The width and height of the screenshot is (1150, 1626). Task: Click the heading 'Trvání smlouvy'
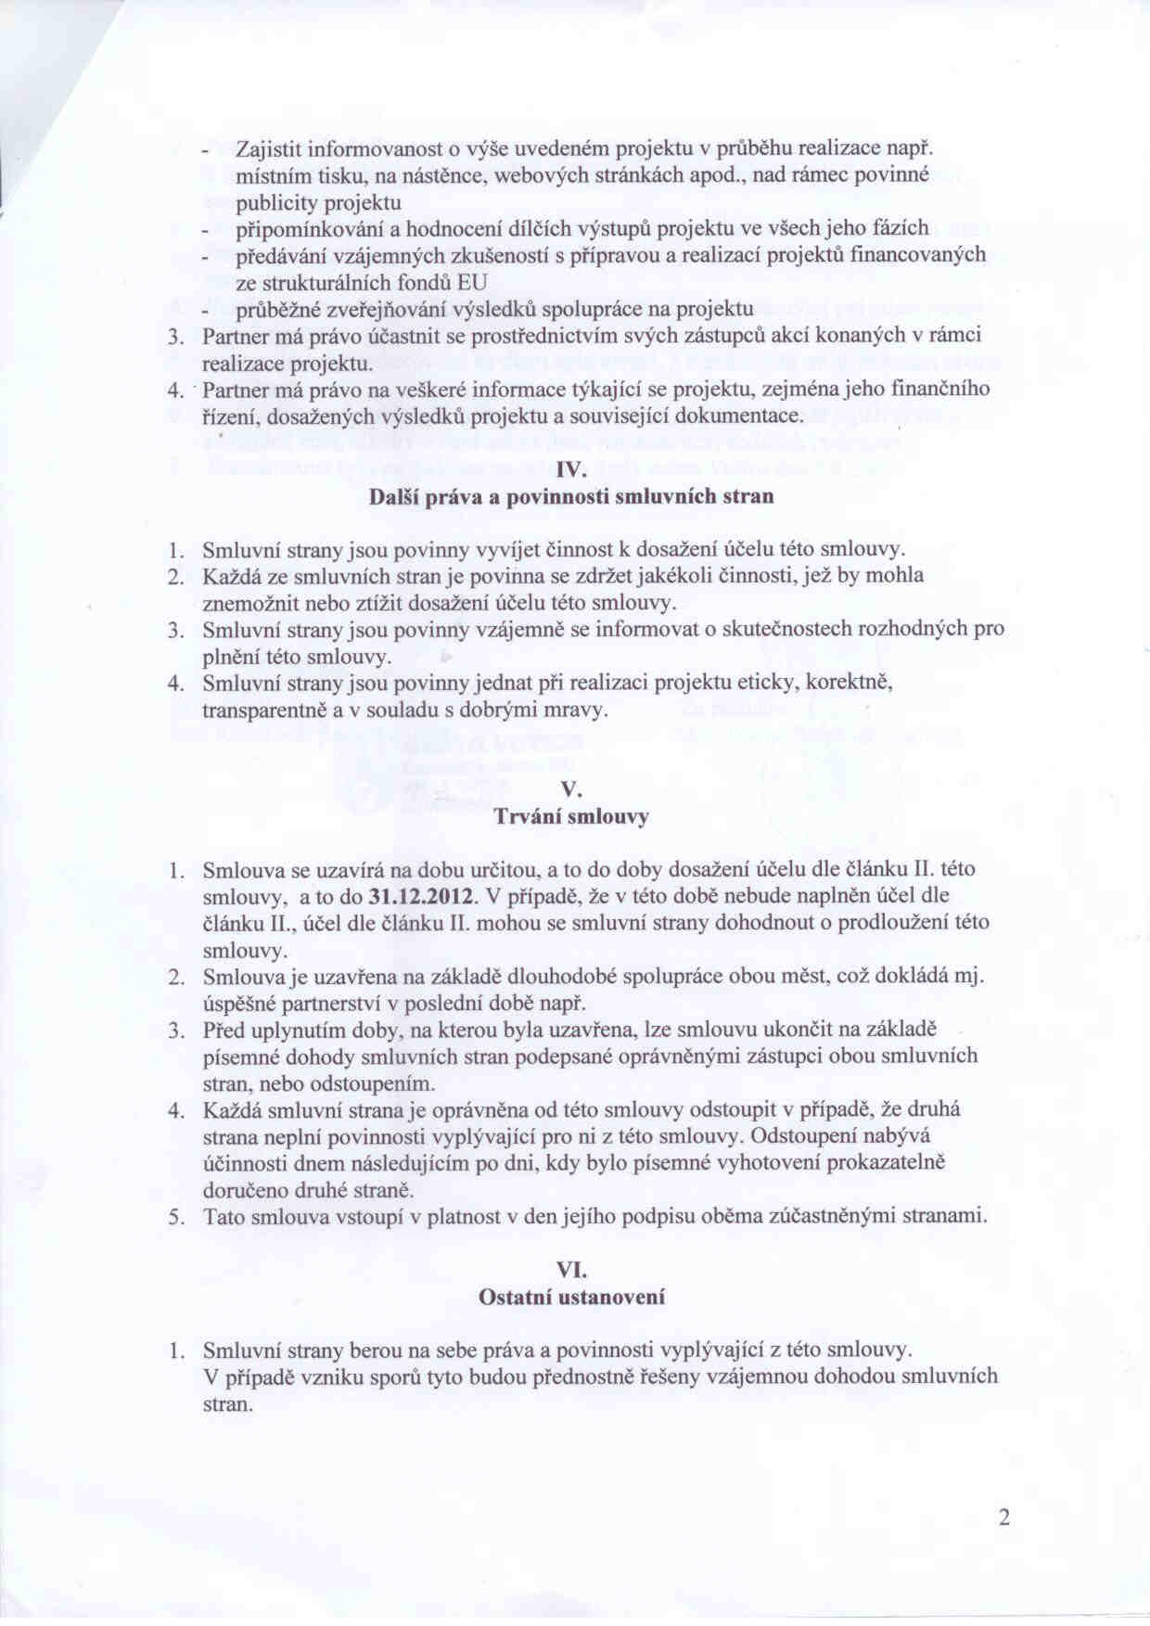coord(571,817)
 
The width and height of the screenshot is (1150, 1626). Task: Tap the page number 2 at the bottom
coord(1003,1517)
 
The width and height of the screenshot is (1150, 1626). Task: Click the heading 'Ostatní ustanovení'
coord(571,1297)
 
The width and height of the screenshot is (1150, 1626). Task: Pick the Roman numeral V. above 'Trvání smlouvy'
coord(571,790)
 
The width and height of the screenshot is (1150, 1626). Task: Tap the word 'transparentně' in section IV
coord(262,711)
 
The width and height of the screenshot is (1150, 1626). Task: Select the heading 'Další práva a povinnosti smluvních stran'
coord(571,496)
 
